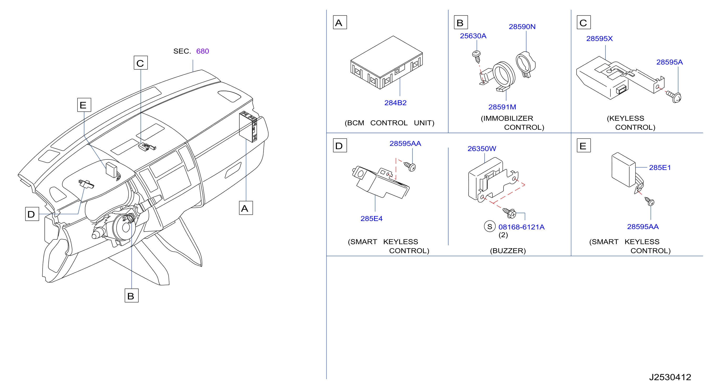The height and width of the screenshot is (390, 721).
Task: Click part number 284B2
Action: coord(395,103)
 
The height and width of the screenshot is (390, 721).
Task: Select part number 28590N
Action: coord(522,27)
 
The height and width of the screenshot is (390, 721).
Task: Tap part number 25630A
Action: coord(473,36)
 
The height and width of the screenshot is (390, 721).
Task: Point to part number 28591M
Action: coord(502,107)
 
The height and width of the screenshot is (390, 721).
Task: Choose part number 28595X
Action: coord(600,39)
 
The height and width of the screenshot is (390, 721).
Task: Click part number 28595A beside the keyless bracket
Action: coord(670,62)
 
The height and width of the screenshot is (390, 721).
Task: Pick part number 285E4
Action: coord(371,219)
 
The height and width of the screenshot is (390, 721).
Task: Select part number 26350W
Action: coord(482,149)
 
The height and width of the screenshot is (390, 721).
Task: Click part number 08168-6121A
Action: coord(521,227)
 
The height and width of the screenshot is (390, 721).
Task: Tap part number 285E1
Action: coord(660,168)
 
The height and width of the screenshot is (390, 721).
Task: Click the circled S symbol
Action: coord(490,227)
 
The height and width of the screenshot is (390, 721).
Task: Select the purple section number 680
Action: coord(203,51)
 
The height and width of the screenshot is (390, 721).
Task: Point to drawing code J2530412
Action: coord(670,377)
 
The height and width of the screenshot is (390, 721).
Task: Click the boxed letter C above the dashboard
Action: coord(141,63)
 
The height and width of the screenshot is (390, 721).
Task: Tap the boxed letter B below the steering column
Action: coord(132,295)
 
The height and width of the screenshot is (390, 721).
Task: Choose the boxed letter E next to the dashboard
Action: coord(84,105)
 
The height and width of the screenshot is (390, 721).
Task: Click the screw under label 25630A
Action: coord(476,57)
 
